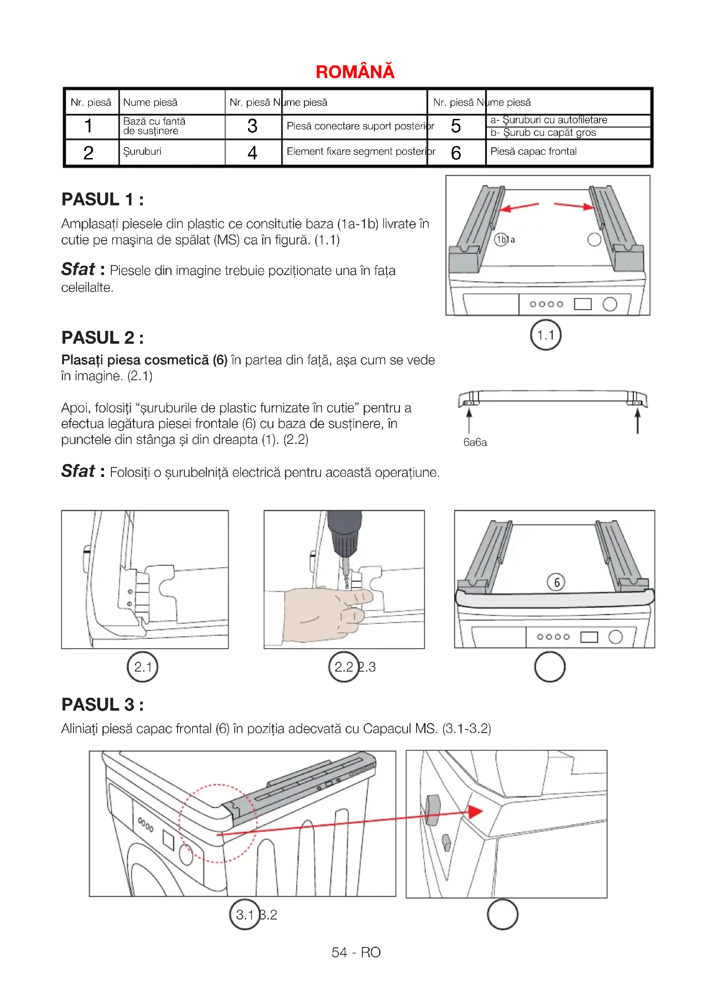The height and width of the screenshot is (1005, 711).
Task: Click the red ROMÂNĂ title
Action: tap(355, 72)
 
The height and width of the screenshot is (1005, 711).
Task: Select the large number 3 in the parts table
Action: tap(252, 126)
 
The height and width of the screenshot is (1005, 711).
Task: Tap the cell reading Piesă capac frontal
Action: tap(533, 151)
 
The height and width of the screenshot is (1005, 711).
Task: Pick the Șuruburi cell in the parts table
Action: tap(142, 151)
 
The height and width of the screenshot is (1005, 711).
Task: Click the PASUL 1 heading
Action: tap(102, 200)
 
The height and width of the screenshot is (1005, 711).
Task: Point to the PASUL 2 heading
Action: tap(102, 337)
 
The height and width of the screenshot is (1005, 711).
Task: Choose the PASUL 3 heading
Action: tap(102, 704)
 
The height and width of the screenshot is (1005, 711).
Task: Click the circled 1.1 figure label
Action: tap(546, 335)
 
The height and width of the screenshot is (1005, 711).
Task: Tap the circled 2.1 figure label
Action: tap(143, 667)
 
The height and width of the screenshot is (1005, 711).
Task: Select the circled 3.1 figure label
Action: tap(245, 914)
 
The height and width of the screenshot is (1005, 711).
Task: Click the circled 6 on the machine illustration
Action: tap(556, 582)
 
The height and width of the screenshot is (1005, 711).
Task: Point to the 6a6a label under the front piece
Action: tap(475, 443)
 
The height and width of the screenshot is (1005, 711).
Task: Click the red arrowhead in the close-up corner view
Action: tap(475, 812)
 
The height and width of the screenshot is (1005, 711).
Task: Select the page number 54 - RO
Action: tap(356, 953)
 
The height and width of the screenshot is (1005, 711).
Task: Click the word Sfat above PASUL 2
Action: tap(78, 269)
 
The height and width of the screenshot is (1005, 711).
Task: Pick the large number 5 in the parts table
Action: tap(456, 126)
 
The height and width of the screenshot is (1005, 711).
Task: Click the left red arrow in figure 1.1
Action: tap(519, 207)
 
